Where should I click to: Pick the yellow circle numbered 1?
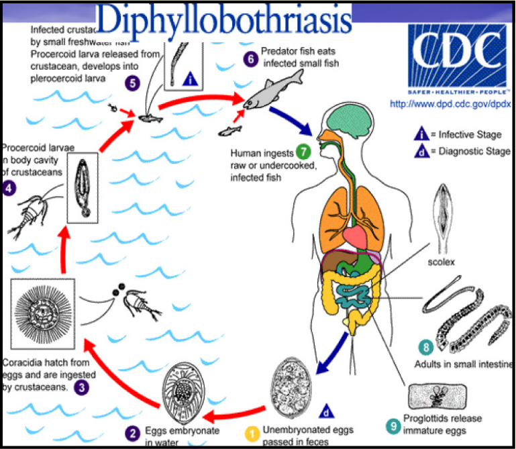point(252,433)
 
